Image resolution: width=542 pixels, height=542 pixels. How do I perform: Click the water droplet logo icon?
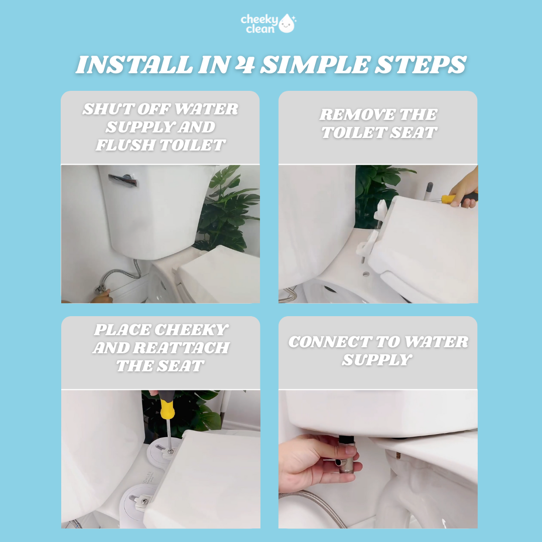287,24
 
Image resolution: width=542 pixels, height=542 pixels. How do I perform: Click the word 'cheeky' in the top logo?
259,20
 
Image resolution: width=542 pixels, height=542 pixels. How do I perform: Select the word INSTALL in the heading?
132,65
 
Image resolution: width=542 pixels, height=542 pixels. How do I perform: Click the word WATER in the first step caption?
206,109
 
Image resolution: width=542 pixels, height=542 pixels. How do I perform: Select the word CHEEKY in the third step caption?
192,330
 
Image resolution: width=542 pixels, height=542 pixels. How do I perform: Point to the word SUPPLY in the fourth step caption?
376,360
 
